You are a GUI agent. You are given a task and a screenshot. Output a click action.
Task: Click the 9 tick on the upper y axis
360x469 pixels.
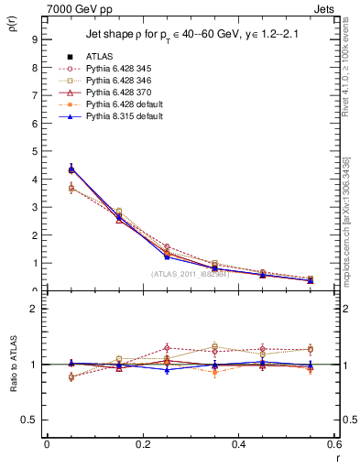33,39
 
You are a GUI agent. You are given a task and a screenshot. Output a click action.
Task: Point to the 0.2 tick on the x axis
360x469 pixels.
142,443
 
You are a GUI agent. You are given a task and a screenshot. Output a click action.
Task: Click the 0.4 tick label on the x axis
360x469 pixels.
238,443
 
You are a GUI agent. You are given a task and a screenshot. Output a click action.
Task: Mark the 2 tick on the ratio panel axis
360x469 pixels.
33,309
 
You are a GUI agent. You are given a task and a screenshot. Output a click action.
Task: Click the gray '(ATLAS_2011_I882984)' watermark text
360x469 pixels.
190,274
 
